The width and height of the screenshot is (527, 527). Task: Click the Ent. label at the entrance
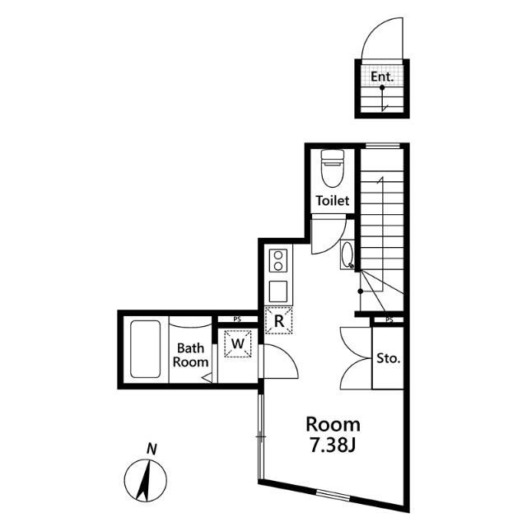pos(382,77)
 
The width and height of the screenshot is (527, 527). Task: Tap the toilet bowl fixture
pos(333,168)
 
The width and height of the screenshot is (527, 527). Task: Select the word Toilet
pos(333,201)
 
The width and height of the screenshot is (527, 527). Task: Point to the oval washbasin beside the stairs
pos(347,254)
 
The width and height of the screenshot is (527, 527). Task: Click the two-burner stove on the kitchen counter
pos(278,261)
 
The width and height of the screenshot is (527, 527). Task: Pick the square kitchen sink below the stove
pos(278,291)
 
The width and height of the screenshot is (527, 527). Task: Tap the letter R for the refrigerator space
pos(278,321)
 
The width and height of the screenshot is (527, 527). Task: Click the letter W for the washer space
pos(238,343)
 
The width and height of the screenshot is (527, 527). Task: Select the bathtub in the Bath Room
pos(145,349)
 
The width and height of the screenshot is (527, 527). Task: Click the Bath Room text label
pos(190,355)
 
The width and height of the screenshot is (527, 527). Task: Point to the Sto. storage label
pos(388,358)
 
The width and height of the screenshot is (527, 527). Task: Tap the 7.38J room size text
pos(333,446)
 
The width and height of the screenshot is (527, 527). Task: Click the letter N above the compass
pos(152,449)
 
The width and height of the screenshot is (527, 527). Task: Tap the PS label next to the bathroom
pos(237,319)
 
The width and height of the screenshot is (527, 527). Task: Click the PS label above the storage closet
pos(389,319)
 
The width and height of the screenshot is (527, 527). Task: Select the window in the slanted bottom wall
pos(333,496)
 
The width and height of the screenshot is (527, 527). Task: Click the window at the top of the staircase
pos(382,146)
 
